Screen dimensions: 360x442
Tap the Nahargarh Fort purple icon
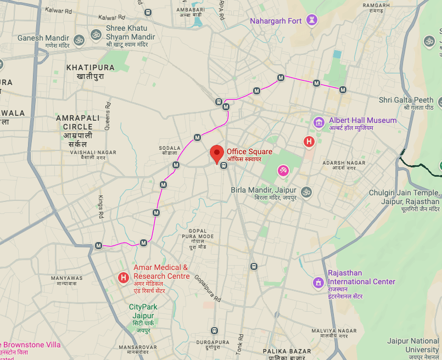pyautogui.click(x=312, y=21)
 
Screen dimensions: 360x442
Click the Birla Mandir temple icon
pyautogui.click(x=306, y=192)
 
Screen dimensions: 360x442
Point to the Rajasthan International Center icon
pyautogui.click(x=318, y=283)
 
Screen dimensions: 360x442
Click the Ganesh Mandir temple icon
pyautogui.click(x=79, y=40)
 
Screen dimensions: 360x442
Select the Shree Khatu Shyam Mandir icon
pyautogui.click(x=96, y=34)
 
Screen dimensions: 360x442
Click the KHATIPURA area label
pyautogui.click(x=90, y=67)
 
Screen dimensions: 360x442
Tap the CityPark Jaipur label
pyautogui.click(x=143, y=311)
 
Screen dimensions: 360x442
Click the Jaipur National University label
pyautogui.click(x=413, y=345)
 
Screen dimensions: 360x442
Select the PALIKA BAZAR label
pyautogui.click(x=287, y=351)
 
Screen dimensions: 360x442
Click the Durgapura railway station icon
pyautogui.click(x=214, y=331)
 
